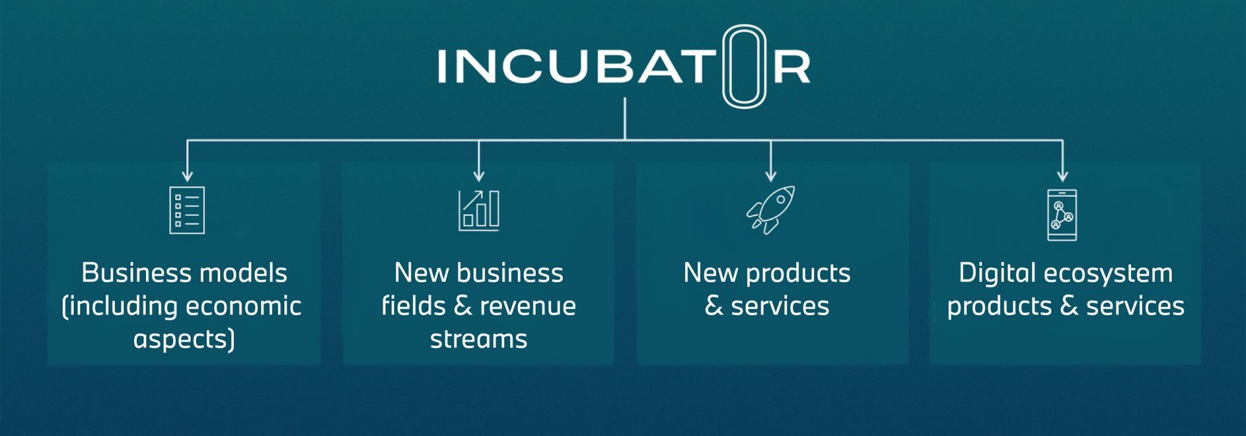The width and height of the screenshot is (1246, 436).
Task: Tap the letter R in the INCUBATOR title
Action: [x=792, y=67]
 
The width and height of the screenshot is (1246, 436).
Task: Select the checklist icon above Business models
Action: [x=187, y=210]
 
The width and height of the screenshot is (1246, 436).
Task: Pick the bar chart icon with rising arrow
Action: [x=479, y=210]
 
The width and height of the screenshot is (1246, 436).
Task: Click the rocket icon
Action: [x=771, y=210]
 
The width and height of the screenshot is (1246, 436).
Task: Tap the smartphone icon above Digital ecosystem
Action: [x=1062, y=215]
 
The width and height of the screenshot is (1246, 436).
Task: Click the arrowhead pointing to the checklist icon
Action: [x=187, y=176]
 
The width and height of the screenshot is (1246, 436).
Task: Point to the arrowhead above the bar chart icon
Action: [x=479, y=176]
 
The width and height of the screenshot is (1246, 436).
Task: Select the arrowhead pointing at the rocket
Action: [x=771, y=176]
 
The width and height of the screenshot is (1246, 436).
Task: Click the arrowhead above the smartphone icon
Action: [x=1062, y=176]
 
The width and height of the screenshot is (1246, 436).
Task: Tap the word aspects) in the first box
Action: [x=184, y=339]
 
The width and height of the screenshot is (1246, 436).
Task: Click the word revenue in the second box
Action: [x=528, y=306]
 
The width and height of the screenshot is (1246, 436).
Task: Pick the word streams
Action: [x=479, y=339]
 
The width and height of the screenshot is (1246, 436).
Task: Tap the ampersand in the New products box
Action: [x=714, y=306]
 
